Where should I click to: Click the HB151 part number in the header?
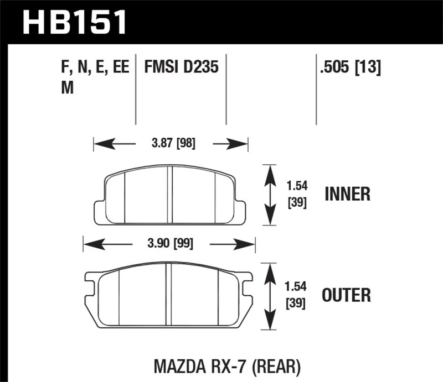(74, 23)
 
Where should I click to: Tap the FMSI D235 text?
(182, 68)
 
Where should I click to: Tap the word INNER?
(347, 195)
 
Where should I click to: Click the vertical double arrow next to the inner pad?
(270, 195)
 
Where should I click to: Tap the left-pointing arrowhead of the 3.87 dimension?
(102, 145)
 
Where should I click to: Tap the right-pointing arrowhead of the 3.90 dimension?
(246, 244)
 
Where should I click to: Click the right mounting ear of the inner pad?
(240, 209)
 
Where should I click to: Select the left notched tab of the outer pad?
(90, 283)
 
